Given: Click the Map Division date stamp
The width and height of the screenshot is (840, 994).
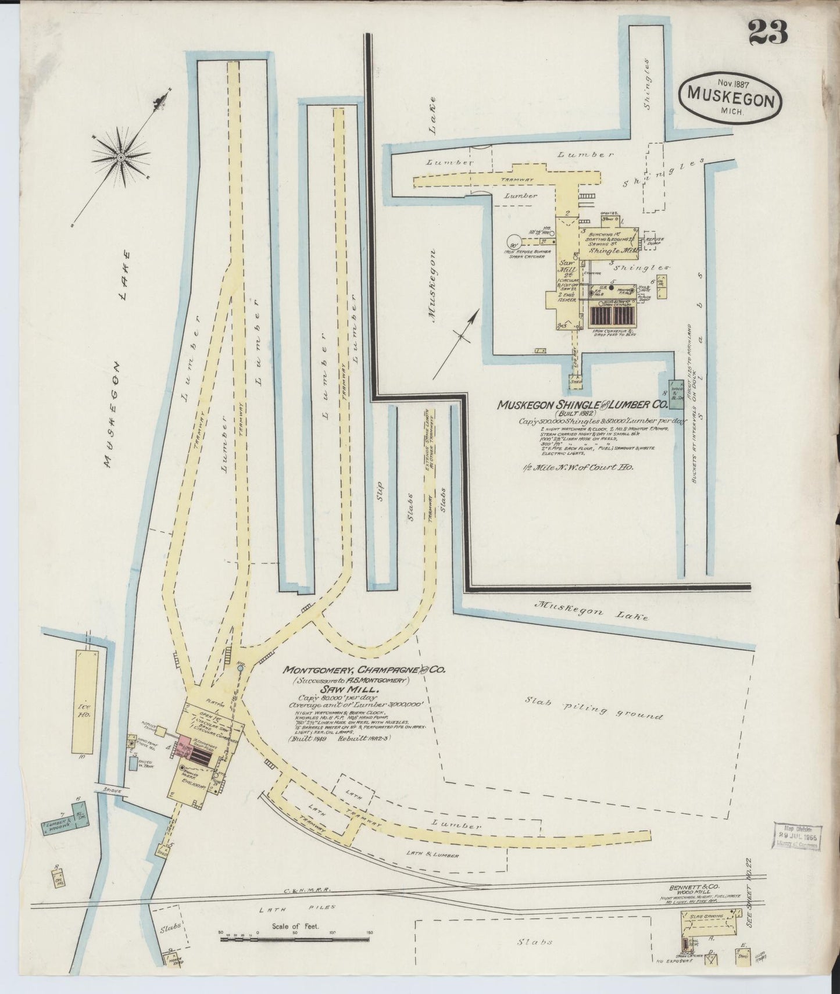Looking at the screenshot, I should tap(797, 838).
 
